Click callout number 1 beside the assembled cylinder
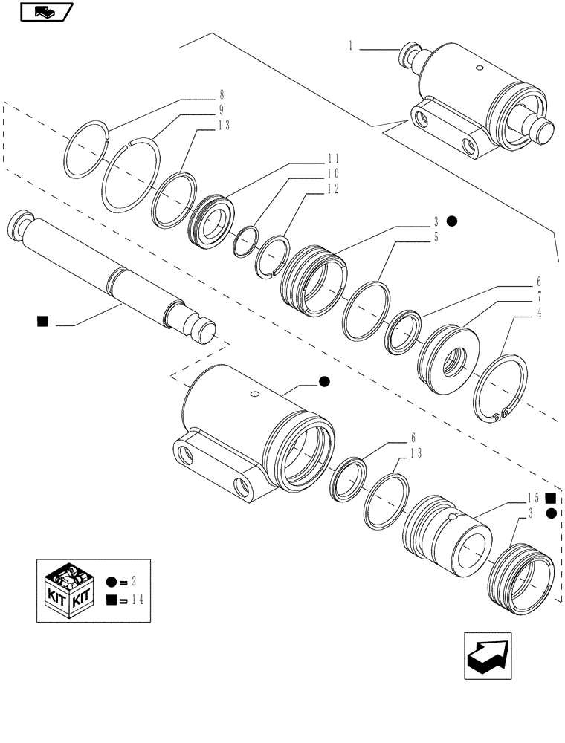(350, 46)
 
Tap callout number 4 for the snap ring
(537, 313)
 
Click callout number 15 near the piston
(534, 498)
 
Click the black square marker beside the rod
(42, 321)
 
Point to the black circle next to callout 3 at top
(452, 221)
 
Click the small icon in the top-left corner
(44, 12)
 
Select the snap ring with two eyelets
(503, 390)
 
